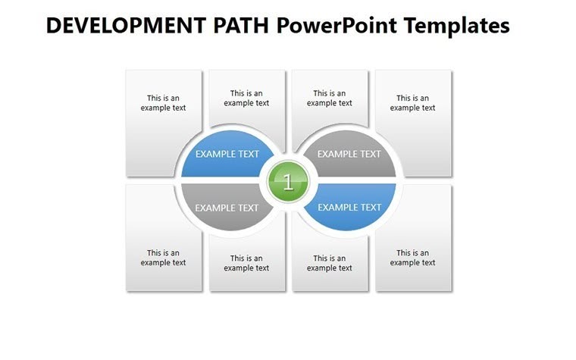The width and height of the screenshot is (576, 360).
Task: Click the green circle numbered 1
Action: click(x=288, y=182)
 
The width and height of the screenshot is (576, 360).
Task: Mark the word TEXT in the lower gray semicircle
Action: click(x=248, y=208)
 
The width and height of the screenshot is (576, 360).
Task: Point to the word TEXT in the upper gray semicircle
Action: click(x=371, y=154)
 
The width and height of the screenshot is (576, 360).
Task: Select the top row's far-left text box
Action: click(x=163, y=102)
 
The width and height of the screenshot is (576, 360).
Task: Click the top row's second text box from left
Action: click(x=246, y=99)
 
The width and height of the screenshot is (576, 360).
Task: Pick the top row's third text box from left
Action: click(x=330, y=99)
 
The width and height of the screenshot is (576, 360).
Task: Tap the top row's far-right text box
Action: click(x=413, y=102)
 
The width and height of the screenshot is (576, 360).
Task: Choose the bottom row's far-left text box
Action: click(x=163, y=258)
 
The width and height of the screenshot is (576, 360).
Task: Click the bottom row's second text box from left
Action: click(x=246, y=263)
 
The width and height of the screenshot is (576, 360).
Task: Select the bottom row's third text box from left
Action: click(x=330, y=263)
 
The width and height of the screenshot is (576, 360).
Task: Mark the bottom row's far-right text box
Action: click(x=413, y=258)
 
